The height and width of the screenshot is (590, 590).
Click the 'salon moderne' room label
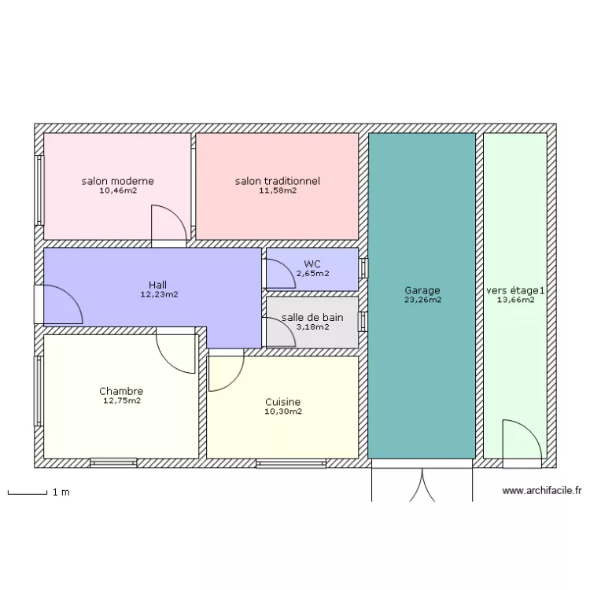[117, 181]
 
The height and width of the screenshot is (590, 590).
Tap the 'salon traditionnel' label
[277, 181]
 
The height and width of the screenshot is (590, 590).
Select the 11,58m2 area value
[277, 190]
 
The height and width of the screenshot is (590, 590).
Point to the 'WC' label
[312, 264]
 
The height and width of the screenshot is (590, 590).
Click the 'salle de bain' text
[312, 318]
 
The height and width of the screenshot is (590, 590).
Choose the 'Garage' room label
[422, 290]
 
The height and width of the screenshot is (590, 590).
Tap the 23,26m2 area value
[422, 300]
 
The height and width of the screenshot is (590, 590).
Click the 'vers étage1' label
[515, 290]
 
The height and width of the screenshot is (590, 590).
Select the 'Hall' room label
[158, 285]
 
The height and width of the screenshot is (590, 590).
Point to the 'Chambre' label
[121, 391]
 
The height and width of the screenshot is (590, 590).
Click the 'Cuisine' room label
[282, 402]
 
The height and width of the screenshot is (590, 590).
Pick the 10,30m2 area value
[282, 411]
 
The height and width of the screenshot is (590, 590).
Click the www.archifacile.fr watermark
[542, 491]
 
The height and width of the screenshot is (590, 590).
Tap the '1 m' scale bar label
[61, 492]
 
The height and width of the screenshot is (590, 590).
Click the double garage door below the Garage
[422, 484]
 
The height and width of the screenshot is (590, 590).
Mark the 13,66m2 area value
[515, 300]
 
